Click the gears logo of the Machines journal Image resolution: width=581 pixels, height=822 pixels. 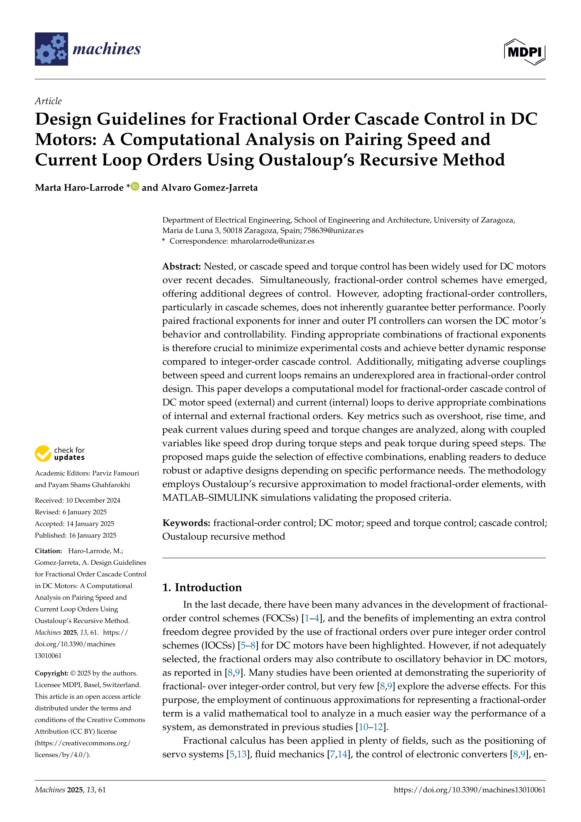51,49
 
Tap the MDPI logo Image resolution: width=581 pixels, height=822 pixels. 525,52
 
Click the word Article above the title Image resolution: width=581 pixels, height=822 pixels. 48,101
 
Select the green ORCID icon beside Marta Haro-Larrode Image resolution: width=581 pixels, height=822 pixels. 135,186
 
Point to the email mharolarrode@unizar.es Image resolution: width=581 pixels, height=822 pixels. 272,241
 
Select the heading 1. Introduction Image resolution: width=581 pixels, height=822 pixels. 202,588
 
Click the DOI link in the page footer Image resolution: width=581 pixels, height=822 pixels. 469,790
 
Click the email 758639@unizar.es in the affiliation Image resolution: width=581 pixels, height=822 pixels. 333,231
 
